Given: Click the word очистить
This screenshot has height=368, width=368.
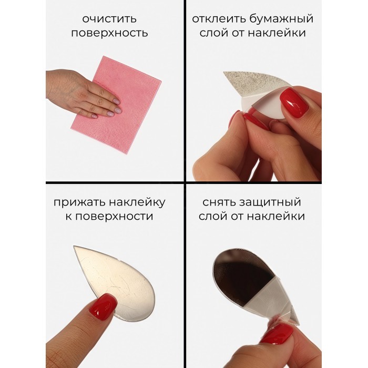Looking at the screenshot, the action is pos(109,19).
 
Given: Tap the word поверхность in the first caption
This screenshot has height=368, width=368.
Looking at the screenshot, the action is pos(109,33).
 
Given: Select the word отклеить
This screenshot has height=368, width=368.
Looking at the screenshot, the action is pos(219,19).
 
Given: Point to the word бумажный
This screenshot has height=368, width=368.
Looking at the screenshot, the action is pos(281,18).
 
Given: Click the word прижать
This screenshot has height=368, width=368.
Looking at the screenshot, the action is pos(78,202).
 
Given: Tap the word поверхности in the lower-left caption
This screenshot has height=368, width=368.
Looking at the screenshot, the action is pos(114,217).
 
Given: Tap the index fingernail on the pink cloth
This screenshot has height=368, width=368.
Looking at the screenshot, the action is pos(116,101).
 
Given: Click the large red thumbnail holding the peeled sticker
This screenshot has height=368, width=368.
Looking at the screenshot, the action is pos(294,103).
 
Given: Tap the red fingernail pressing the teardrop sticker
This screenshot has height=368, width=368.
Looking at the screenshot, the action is pos(103,305).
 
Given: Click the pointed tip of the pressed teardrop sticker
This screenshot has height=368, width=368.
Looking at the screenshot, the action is pos(74,247).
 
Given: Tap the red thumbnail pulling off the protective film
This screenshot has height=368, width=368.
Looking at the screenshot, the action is pos(277,334).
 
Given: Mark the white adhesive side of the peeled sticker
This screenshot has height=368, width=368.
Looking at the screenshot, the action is pos(265,108).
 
